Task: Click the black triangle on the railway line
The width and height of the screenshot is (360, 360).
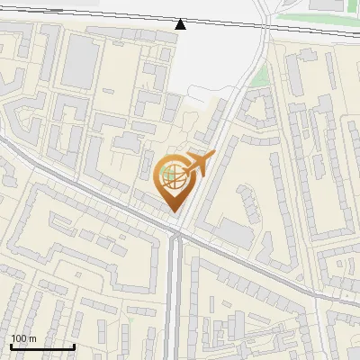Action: point(182,23)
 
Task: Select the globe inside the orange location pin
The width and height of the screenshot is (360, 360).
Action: point(174,177)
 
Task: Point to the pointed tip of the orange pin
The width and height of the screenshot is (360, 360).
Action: point(174,212)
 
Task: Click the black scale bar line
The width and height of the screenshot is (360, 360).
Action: point(41,347)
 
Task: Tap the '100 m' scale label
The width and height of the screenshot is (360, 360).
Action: point(23,338)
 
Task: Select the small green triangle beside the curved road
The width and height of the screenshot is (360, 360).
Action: point(260,77)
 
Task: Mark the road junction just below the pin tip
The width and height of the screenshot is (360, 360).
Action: point(177,235)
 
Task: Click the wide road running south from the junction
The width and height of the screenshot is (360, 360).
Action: point(176,297)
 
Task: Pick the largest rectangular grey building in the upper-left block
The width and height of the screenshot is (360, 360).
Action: point(81,61)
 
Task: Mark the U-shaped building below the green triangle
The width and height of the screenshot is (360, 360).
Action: point(257,108)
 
